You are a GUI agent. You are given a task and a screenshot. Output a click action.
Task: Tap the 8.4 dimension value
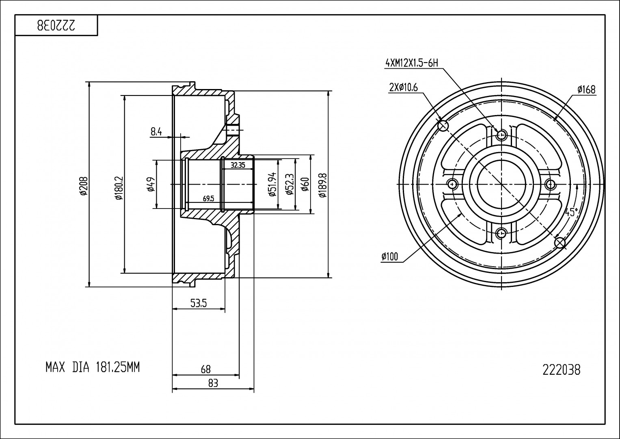tap(156, 131)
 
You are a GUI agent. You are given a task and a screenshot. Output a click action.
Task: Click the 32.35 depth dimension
tap(238, 165)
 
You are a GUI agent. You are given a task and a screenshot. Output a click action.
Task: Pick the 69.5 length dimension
tap(208, 199)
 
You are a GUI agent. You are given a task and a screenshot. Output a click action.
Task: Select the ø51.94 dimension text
tap(272, 184)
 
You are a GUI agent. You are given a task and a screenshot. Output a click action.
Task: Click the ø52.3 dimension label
tap(289, 184)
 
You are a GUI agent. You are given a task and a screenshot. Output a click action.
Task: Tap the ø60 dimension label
tap(305, 184)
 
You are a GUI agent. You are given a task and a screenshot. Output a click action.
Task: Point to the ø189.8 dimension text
tap(322, 185)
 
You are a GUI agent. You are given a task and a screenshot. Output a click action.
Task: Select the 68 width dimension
tap(206, 369)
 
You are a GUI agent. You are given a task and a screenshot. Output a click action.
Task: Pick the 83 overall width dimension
tap(213, 383)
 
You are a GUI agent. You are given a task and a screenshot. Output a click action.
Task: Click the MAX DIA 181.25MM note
tap(93, 368)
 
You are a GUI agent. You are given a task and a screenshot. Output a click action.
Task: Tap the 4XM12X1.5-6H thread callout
tap(412, 63)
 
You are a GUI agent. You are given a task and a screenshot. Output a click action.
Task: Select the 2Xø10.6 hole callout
tap(404, 87)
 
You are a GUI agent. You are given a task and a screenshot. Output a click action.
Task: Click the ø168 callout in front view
tap(586, 89)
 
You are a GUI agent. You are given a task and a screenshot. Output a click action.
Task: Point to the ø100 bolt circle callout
tap(390, 256)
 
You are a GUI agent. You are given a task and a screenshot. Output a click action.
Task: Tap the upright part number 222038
tap(561, 370)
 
